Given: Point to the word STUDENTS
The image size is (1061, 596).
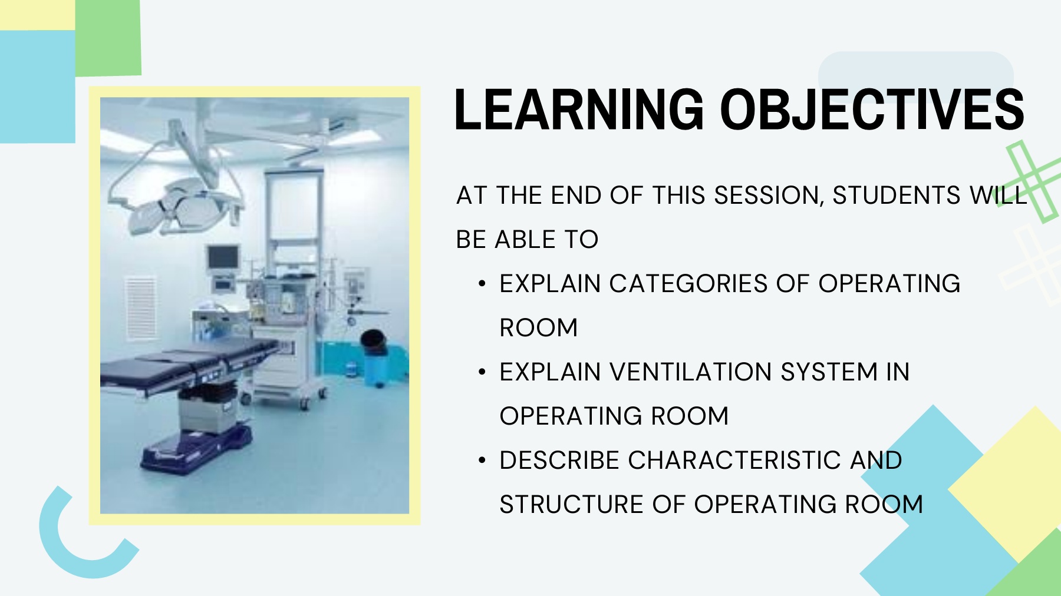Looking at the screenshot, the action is pos(897,196).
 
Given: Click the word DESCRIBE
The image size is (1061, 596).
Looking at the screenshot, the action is pos(559,461).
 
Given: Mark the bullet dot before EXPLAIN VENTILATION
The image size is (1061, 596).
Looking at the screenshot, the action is pos(482,372).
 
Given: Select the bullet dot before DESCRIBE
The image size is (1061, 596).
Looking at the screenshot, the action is pos(482,461).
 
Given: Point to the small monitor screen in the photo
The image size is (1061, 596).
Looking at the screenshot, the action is pos(223,258).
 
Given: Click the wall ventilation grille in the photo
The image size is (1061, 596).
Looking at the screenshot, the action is pos(141,308).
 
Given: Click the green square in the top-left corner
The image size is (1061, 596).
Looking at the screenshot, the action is pos(108,38).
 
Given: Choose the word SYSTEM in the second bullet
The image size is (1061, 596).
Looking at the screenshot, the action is pos(829,372).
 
